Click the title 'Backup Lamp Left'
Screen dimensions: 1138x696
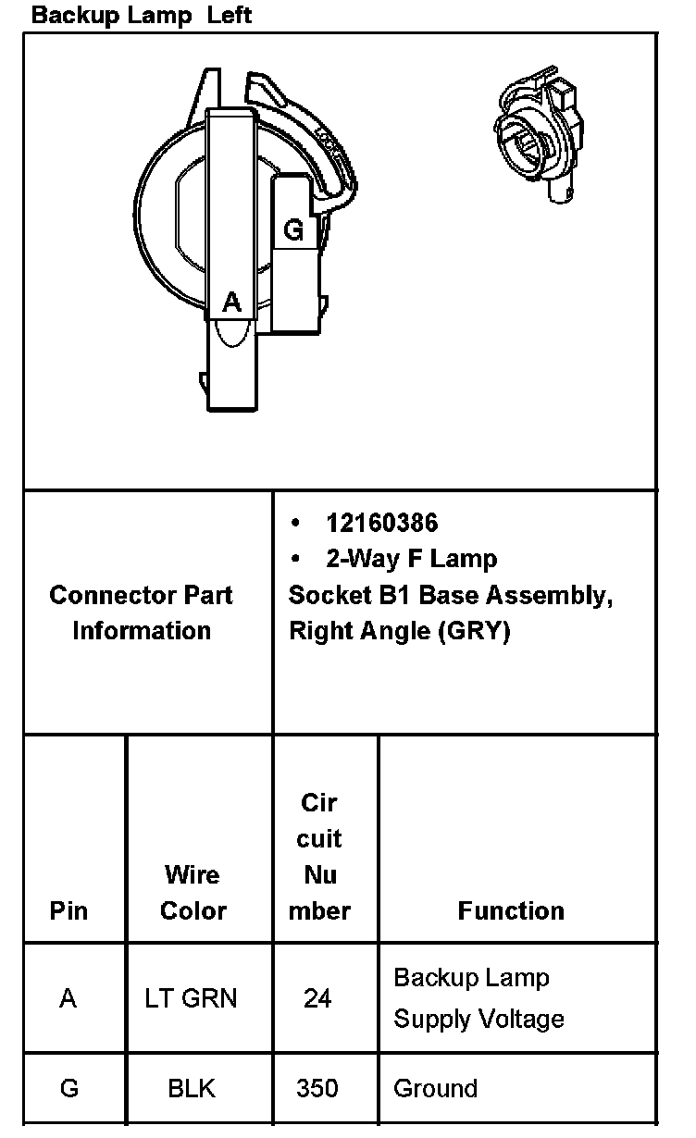(142, 16)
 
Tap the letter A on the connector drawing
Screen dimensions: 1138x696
(232, 302)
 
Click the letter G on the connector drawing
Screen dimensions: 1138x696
(294, 229)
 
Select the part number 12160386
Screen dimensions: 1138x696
(381, 523)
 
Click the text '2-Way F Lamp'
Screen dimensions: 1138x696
(411, 559)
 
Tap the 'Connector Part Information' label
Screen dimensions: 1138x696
(142, 612)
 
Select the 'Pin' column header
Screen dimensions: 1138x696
(68, 910)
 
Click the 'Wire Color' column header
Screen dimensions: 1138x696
(193, 892)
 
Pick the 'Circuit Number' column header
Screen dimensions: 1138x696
(319, 856)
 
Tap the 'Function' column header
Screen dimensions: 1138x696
(511, 910)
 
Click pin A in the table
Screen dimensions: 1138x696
(68, 999)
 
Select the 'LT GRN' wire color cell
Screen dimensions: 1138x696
(191, 999)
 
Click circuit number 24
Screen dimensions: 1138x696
(317, 999)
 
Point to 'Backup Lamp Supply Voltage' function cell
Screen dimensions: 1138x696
(478, 998)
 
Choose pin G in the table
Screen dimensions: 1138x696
(68, 1088)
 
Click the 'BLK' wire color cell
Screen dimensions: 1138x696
(192, 1088)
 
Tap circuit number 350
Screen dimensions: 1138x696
(317, 1088)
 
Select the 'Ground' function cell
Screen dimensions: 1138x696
(435, 1088)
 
